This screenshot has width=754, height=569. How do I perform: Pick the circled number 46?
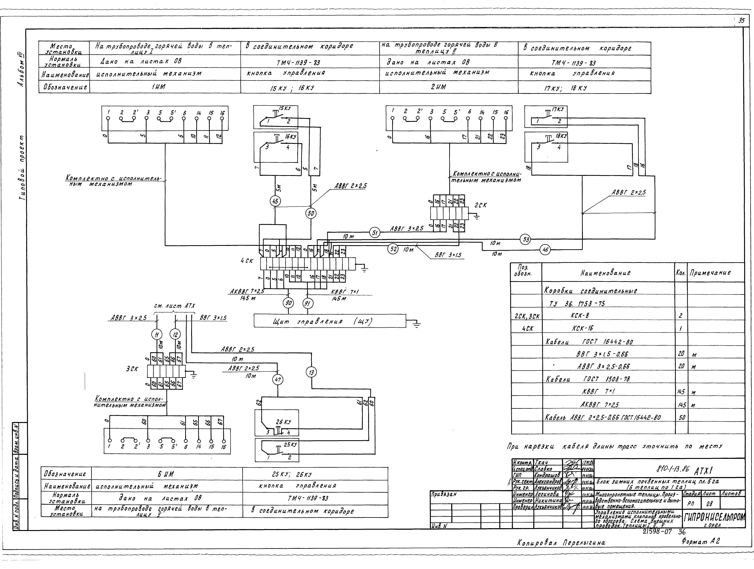click(x=545, y=250)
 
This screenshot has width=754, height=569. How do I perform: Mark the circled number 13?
click(x=311, y=372)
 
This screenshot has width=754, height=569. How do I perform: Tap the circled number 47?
click(x=278, y=380)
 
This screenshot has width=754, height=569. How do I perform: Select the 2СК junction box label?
click(x=481, y=206)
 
